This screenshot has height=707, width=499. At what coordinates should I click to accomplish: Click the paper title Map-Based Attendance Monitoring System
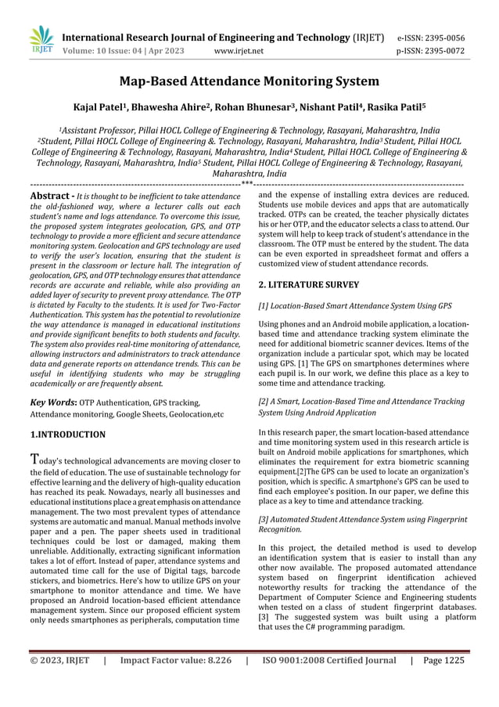(249, 81)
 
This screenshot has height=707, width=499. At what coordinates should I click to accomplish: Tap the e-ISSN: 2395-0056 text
(431, 38)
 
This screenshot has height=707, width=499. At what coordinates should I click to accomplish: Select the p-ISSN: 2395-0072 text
(431, 52)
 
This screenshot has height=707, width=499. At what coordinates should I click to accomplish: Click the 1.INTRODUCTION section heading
(67, 434)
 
